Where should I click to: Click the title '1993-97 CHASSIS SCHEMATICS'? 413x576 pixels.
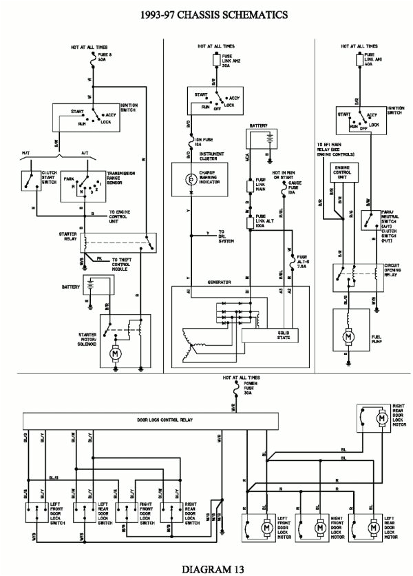206,13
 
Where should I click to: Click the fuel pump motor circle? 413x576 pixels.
349,337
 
